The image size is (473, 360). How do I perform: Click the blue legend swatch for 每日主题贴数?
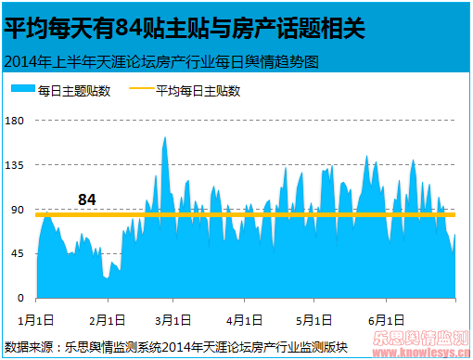[23, 91]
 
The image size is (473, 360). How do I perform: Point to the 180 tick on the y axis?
[16, 121]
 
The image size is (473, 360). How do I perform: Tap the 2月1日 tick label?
[109, 320]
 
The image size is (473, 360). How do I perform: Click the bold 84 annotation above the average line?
[87, 199]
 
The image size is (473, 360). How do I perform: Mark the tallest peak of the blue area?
[165, 138]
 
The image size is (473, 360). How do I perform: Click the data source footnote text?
[176, 347]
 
